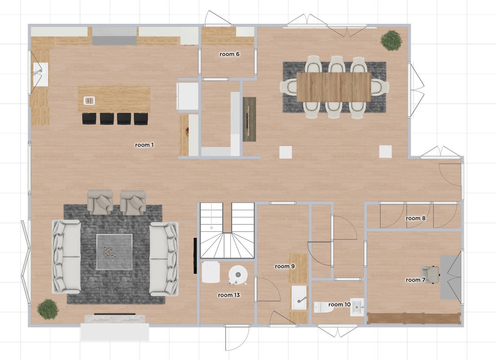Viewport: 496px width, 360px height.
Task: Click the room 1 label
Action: pos(144,145)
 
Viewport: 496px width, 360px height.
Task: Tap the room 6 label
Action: pos(229,54)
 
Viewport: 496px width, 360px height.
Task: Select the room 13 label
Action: pos(228,295)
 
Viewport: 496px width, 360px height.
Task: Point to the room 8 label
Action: pos(415,218)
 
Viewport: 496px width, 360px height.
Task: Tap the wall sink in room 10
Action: pos(357,307)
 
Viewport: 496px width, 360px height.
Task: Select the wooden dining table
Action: pos(334,87)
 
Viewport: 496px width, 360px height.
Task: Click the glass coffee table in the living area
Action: pos(114,252)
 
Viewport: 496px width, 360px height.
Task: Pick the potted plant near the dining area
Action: pos(390,40)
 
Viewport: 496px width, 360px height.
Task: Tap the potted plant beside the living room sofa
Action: pos(47,310)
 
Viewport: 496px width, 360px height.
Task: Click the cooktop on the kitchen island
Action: pos(89,100)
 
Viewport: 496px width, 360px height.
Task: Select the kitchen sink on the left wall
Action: pos(40,74)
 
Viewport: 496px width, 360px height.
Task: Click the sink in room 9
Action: pos(299,297)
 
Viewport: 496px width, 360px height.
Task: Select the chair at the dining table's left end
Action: pos(288,87)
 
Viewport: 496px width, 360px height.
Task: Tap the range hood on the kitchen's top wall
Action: pos(114,35)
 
